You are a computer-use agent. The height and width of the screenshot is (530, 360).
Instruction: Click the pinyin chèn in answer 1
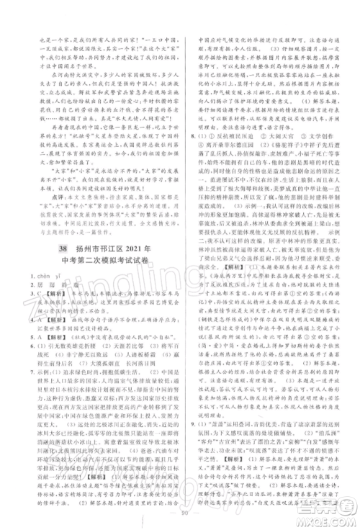[35, 277]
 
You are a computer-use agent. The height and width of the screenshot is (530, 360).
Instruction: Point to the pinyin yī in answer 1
[55, 277]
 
